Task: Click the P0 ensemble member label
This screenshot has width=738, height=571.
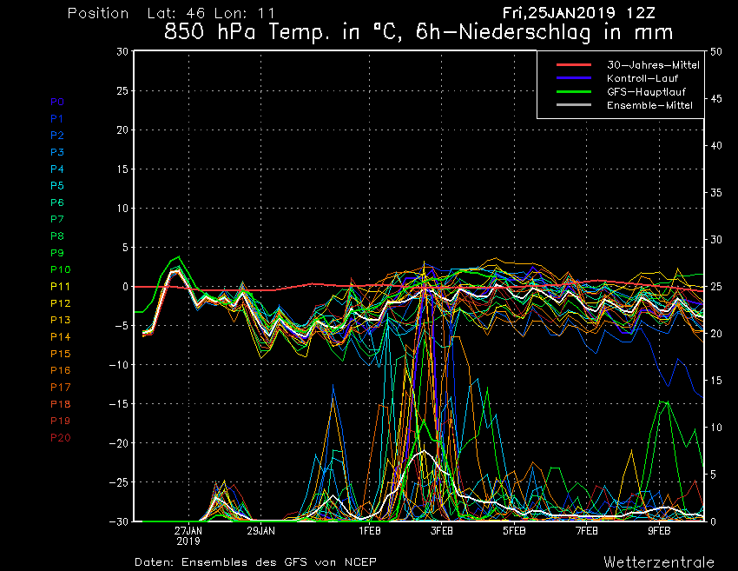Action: coord(57,102)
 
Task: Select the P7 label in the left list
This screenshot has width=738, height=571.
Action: coord(57,219)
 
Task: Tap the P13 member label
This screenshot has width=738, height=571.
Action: coord(60,320)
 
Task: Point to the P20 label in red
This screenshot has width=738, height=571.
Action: coord(60,438)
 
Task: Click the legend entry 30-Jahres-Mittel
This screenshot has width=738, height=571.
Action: coord(653,65)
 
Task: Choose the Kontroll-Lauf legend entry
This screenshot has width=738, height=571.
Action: coord(642,78)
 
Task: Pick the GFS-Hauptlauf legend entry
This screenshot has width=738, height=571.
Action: coord(646,92)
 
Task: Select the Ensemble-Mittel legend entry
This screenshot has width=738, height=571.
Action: coord(649,105)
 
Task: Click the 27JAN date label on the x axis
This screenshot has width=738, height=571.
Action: coord(188,531)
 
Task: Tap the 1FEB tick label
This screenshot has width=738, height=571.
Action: coord(370,531)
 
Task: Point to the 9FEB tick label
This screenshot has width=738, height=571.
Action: coord(659,531)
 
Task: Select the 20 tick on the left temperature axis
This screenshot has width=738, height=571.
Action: coord(122,130)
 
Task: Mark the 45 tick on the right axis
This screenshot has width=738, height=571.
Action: coord(716,98)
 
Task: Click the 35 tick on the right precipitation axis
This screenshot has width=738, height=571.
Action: coord(716,193)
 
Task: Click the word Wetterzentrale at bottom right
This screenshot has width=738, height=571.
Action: coord(659,562)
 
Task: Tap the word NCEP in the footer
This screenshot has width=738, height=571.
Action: coord(360,562)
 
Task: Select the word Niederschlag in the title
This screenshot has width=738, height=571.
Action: coord(524,33)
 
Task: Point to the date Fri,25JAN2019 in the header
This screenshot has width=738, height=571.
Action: coord(558,13)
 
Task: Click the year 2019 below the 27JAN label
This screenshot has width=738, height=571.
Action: coord(188,541)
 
